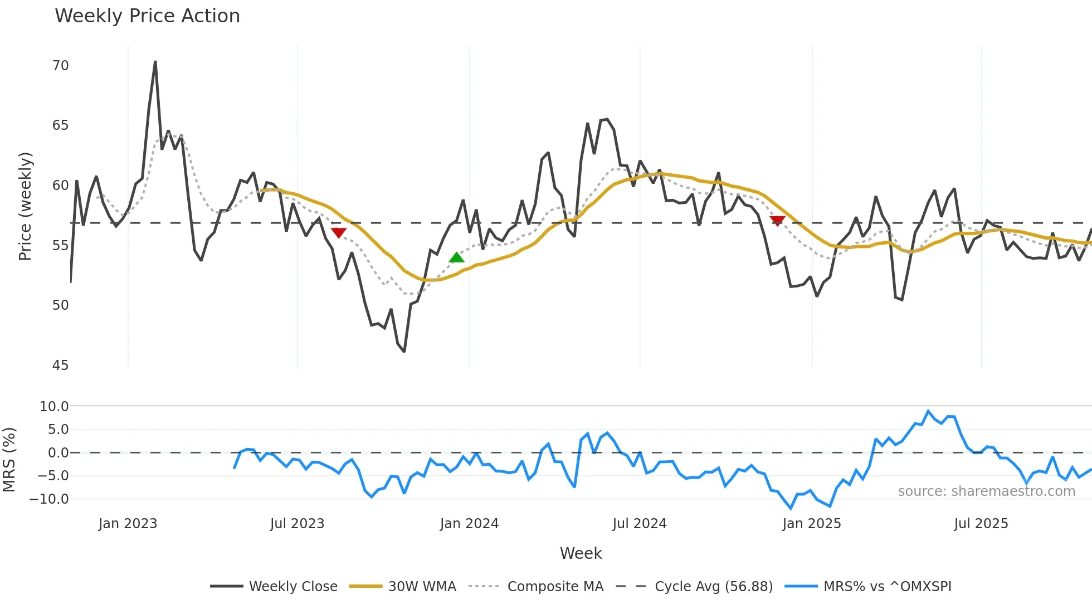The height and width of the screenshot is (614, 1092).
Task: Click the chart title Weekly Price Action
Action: [x=147, y=16]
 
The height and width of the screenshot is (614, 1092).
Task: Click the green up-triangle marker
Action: [x=456, y=257]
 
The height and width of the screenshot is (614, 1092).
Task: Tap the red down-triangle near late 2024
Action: [x=777, y=221]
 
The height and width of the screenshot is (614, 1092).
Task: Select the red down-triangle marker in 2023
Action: [x=338, y=232]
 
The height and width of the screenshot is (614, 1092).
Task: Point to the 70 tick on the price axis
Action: [x=60, y=66]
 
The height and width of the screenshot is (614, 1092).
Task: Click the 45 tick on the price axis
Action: [x=60, y=366]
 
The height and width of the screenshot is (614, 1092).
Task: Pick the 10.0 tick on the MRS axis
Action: [x=54, y=407]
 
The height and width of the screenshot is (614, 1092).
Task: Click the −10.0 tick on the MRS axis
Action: [x=49, y=499]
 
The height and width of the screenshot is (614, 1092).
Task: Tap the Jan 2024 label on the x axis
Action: [x=469, y=524]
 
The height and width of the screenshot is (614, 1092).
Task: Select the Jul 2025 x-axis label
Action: [x=981, y=524]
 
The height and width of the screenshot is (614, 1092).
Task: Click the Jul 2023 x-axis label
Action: [x=297, y=524]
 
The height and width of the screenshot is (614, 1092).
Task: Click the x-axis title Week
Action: [x=581, y=553]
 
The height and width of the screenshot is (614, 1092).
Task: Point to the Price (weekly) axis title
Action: [x=25, y=206]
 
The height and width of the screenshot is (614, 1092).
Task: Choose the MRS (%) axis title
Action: [x=9, y=460]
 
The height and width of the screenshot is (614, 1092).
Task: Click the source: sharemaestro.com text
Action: [x=986, y=491]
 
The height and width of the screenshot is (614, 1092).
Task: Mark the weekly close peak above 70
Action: [x=155, y=62]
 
